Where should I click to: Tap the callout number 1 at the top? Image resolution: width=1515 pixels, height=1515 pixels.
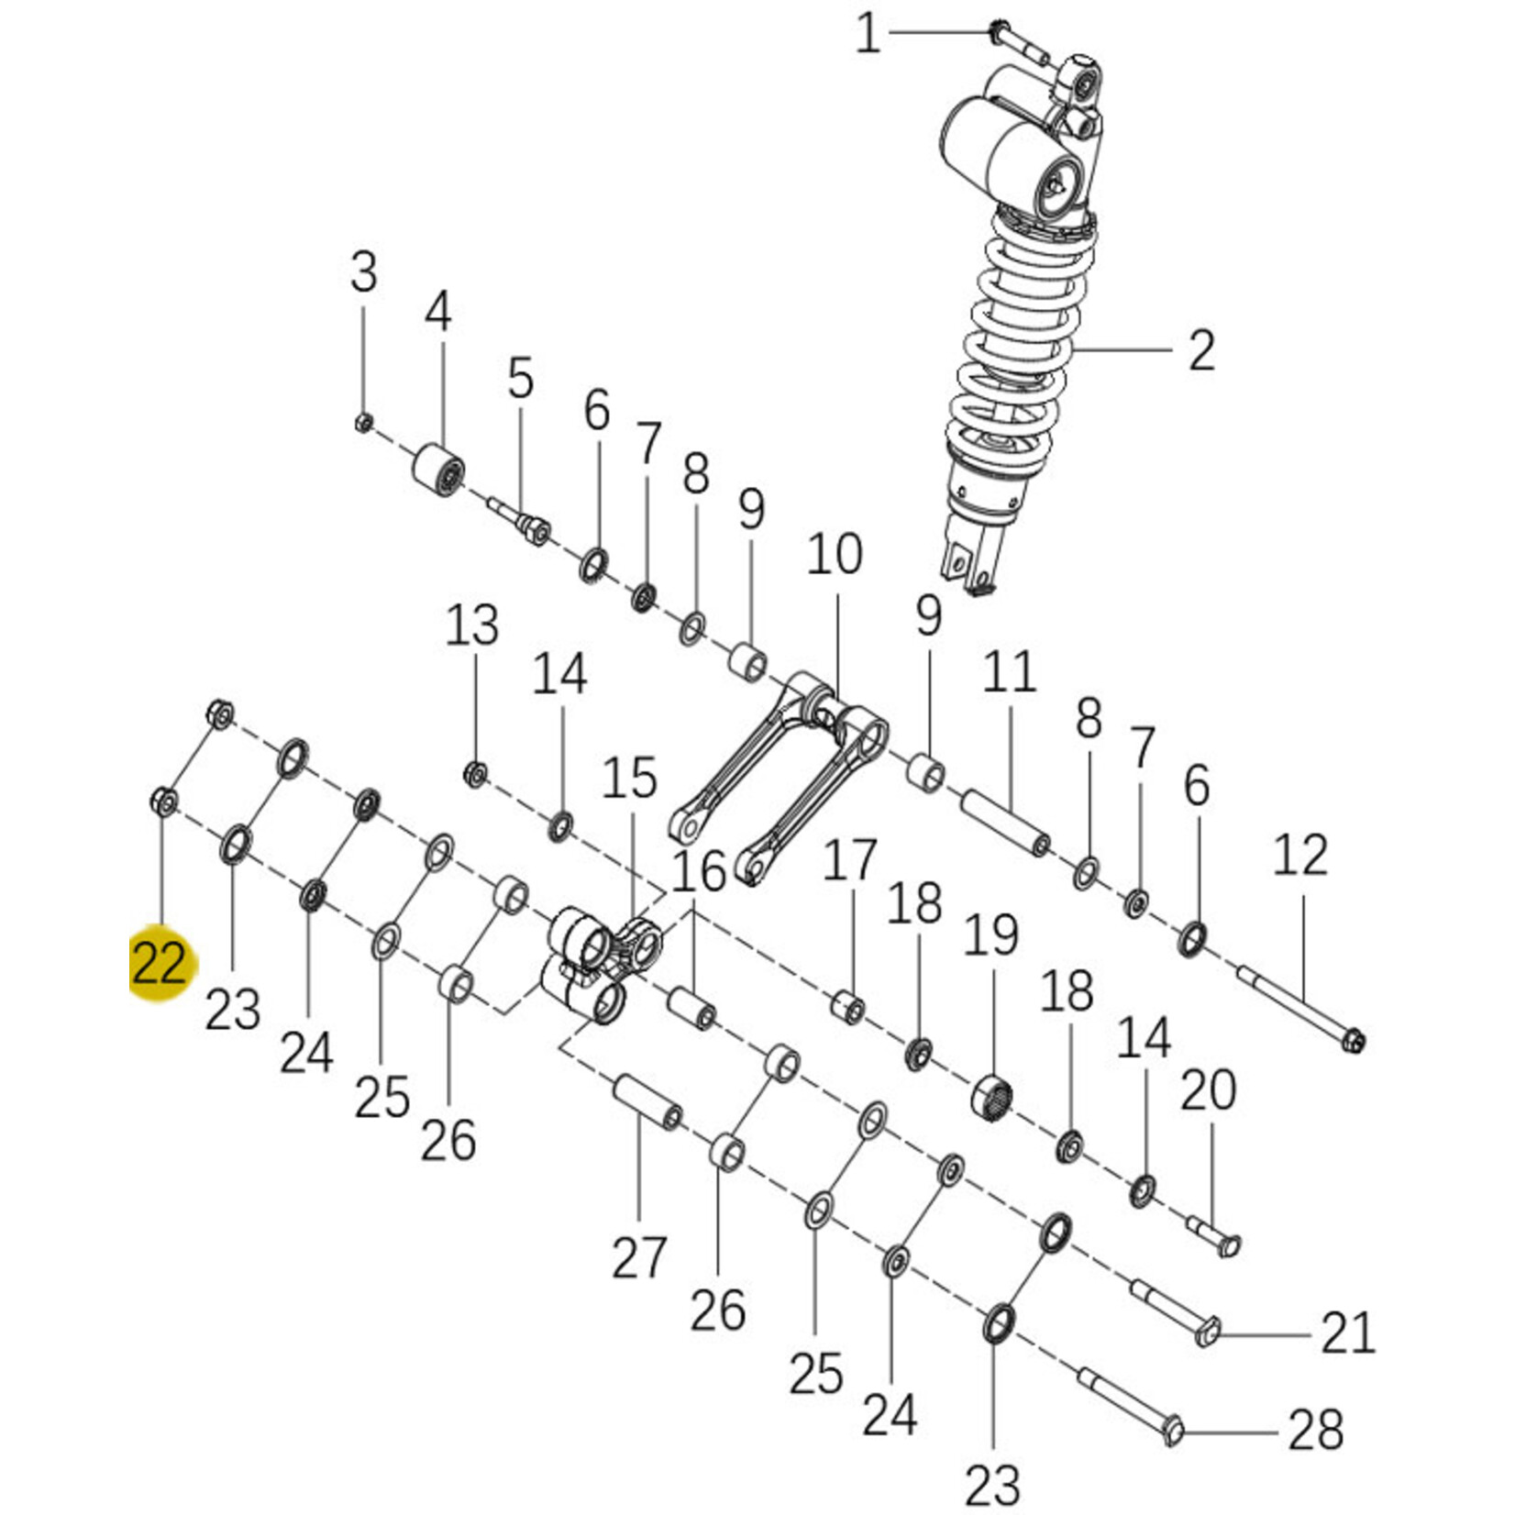(x=868, y=35)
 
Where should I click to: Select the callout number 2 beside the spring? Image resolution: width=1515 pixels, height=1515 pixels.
(x=1201, y=350)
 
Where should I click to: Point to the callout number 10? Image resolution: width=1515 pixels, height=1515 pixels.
(x=835, y=555)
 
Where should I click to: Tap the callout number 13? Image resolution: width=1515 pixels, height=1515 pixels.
(x=471, y=625)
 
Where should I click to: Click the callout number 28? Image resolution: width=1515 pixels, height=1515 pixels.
(x=1315, y=1430)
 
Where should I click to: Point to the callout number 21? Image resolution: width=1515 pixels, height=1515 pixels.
(x=1348, y=1333)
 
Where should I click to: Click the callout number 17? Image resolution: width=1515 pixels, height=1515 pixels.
(x=850, y=861)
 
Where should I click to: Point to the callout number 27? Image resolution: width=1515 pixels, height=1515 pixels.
(x=639, y=1257)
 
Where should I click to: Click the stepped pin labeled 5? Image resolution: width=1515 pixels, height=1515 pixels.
(x=522, y=524)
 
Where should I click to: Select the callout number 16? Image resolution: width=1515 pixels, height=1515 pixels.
(x=699, y=870)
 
